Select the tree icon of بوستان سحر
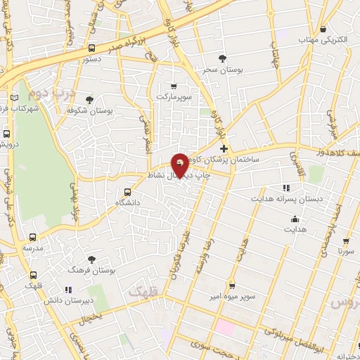[x=222, y=58]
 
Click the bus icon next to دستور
[x=93, y=49]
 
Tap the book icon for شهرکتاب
[x=15, y=98]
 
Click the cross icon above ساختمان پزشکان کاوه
[x=224, y=148]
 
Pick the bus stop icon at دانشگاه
[x=127, y=191]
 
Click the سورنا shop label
[x=346, y=250]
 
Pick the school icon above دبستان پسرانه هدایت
[x=285, y=188]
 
